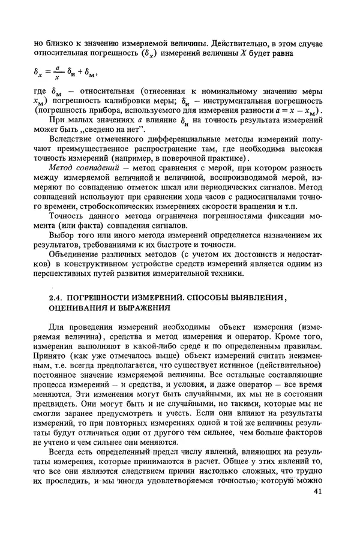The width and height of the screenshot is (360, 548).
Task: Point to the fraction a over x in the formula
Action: point(56,73)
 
